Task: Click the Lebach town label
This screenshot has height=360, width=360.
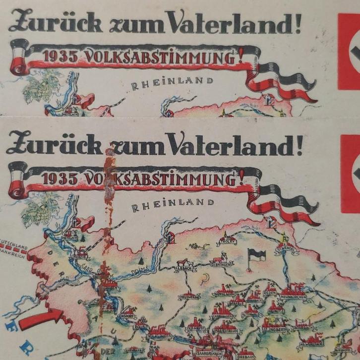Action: coord(184,268)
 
